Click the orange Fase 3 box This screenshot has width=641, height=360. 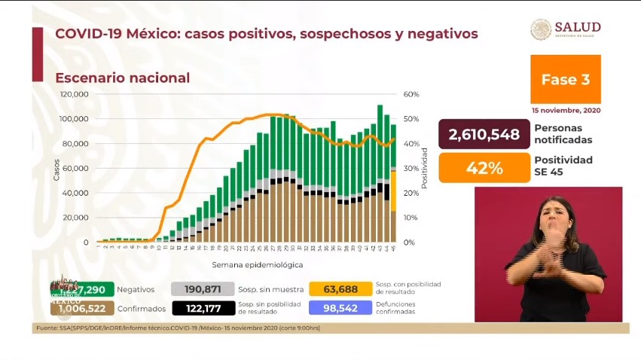pyautogui.click(x=566, y=79)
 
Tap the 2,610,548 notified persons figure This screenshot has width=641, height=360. pyautogui.click(x=484, y=135)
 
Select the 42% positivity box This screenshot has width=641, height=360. pyautogui.click(x=484, y=168)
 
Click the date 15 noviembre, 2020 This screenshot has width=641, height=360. pyautogui.click(x=566, y=110)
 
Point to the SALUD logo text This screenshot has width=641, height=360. pyautogui.click(x=578, y=27)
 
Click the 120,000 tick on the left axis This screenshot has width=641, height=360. pyautogui.click(x=75, y=94)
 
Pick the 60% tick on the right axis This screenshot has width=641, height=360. pyautogui.click(x=411, y=94)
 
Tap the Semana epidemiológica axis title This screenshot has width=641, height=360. pyautogui.click(x=258, y=265)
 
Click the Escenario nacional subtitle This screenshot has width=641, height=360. pyautogui.click(x=123, y=78)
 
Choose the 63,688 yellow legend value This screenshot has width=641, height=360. pyautogui.click(x=340, y=289)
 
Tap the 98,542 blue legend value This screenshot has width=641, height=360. pyautogui.click(x=340, y=308)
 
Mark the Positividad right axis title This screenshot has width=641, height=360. pyautogui.click(x=425, y=168)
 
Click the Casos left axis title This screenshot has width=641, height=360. pyautogui.click(x=57, y=168)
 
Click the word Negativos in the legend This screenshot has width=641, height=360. pyautogui.click(x=136, y=289)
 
